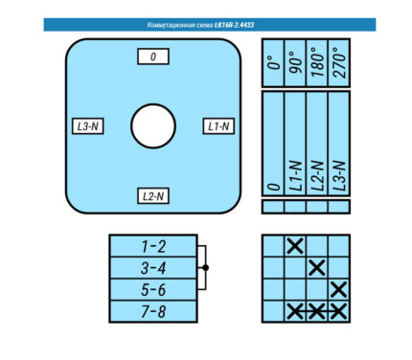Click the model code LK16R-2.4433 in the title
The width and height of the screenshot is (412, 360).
[234, 25]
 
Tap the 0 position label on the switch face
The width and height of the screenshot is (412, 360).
[153, 56]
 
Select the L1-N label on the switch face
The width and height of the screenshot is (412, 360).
[218, 126]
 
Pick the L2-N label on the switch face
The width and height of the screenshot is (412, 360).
[153, 196]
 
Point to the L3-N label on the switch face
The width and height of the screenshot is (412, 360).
[88, 126]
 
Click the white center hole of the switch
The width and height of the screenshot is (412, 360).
[153, 126]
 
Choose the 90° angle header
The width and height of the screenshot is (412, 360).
[295, 63]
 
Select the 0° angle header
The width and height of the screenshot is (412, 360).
[274, 63]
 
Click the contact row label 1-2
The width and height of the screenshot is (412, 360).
[153, 246]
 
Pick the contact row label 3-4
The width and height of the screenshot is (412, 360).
[153, 268]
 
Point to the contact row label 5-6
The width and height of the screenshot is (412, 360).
[153, 290]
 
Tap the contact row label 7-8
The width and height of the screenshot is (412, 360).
[153, 311]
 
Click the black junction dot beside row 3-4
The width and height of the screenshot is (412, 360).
[206, 268]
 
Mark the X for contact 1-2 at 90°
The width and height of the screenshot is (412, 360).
[295, 246]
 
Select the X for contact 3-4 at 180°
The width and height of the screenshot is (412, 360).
[317, 268]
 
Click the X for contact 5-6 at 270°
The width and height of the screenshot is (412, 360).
[339, 289]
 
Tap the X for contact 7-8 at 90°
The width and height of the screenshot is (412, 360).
[295, 311]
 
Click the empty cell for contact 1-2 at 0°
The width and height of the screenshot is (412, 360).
[273, 246]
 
